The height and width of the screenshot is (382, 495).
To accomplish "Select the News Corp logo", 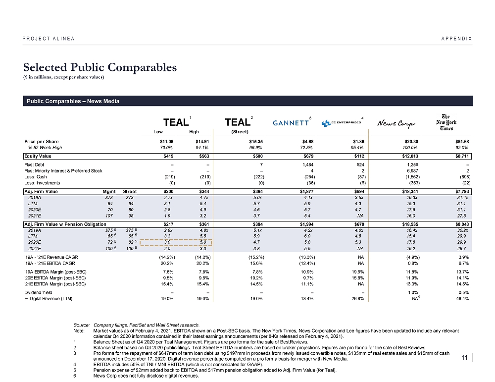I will (396, 123).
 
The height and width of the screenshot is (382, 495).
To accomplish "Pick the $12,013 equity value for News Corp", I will (410, 156).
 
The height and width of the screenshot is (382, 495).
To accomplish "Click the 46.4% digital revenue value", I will (462, 299).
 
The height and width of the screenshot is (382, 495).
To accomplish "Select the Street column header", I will (130, 191).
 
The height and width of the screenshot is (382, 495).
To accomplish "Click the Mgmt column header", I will (109, 191).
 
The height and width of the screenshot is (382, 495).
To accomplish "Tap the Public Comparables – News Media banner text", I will (73, 101).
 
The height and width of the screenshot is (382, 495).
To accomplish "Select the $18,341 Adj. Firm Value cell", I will (410, 191).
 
